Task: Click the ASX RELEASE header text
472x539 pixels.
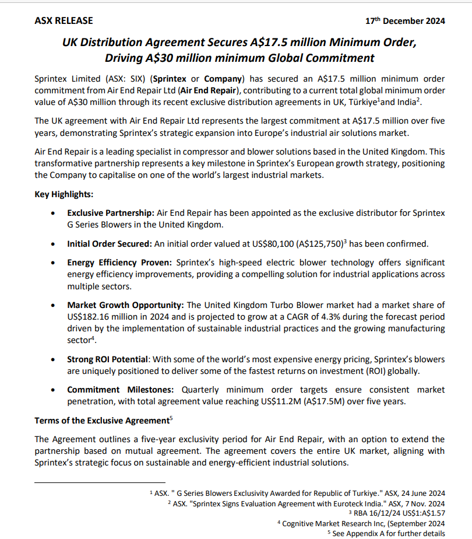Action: tap(64, 20)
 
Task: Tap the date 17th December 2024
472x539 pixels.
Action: tap(405, 21)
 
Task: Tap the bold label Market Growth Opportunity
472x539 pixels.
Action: tap(125, 304)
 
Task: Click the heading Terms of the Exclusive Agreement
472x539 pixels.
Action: tap(103, 420)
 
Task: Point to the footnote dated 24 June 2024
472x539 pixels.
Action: tap(297, 493)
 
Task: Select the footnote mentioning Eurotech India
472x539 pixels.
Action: tap(306, 503)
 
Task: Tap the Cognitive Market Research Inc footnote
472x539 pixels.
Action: tap(361, 523)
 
